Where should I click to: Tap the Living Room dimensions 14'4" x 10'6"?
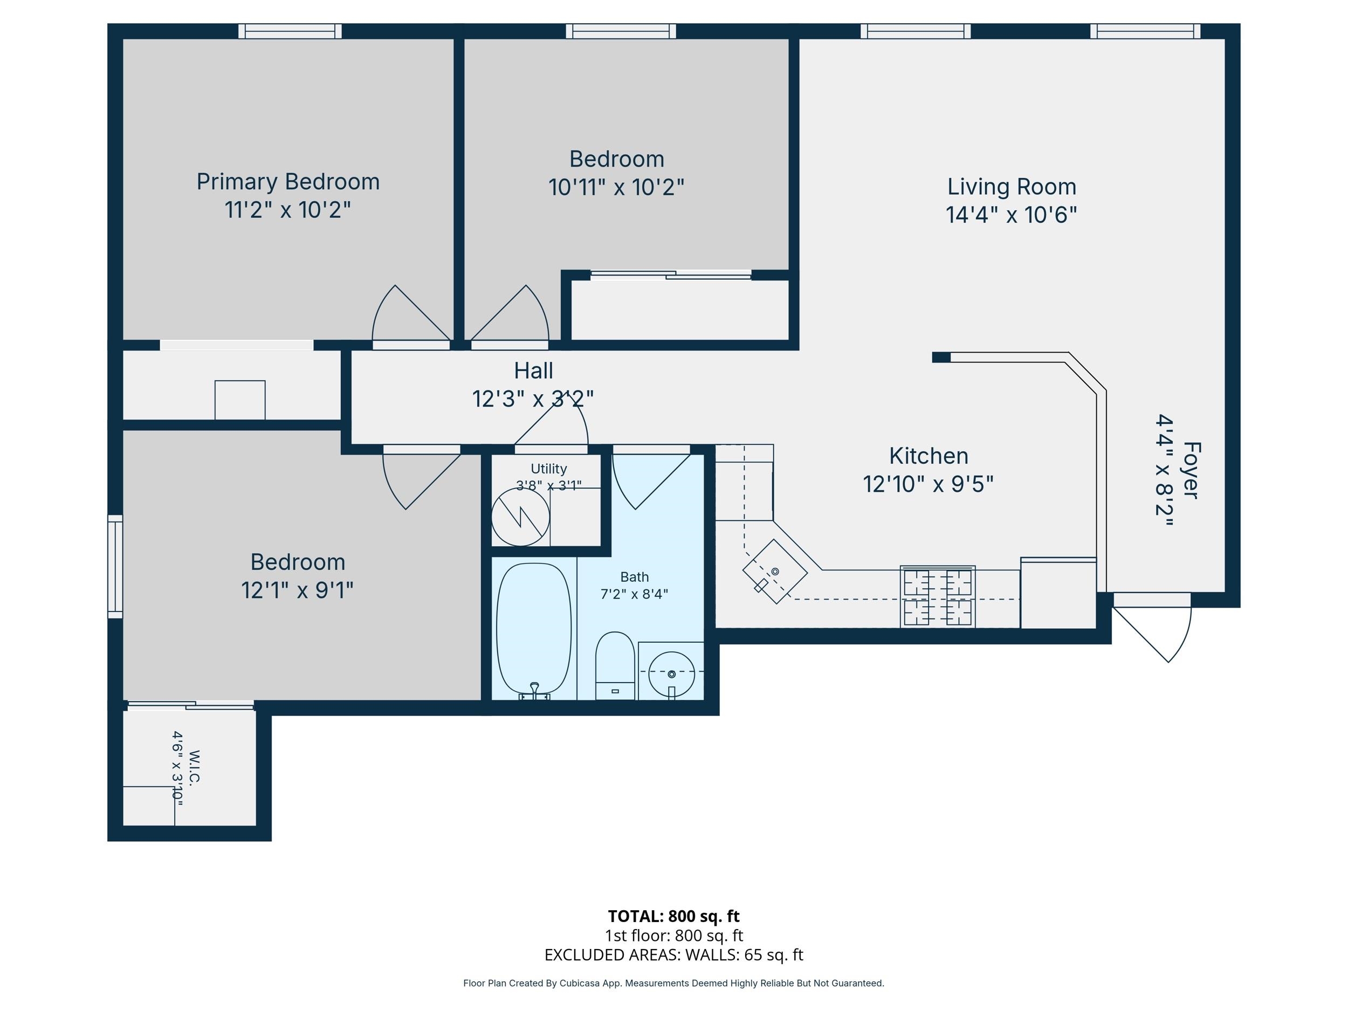click(x=1011, y=215)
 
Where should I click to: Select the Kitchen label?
click(x=928, y=456)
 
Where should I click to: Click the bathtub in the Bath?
click(x=534, y=630)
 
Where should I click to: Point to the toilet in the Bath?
click(x=615, y=665)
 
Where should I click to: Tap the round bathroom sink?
click(x=671, y=674)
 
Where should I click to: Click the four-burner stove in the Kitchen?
click(x=937, y=596)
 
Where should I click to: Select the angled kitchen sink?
click(x=774, y=571)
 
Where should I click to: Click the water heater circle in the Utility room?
click(x=520, y=517)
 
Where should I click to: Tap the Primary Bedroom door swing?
click(x=403, y=317)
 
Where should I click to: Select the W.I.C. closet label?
click(x=194, y=767)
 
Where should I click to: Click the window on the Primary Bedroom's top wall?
click(x=290, y=31)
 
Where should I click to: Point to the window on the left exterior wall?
click(x=115, y=567)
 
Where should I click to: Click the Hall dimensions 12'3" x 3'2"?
click(x=533, y=398)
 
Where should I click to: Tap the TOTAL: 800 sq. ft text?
click(x=673, y=916)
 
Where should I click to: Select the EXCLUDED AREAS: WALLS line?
click(x=673, y=954)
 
